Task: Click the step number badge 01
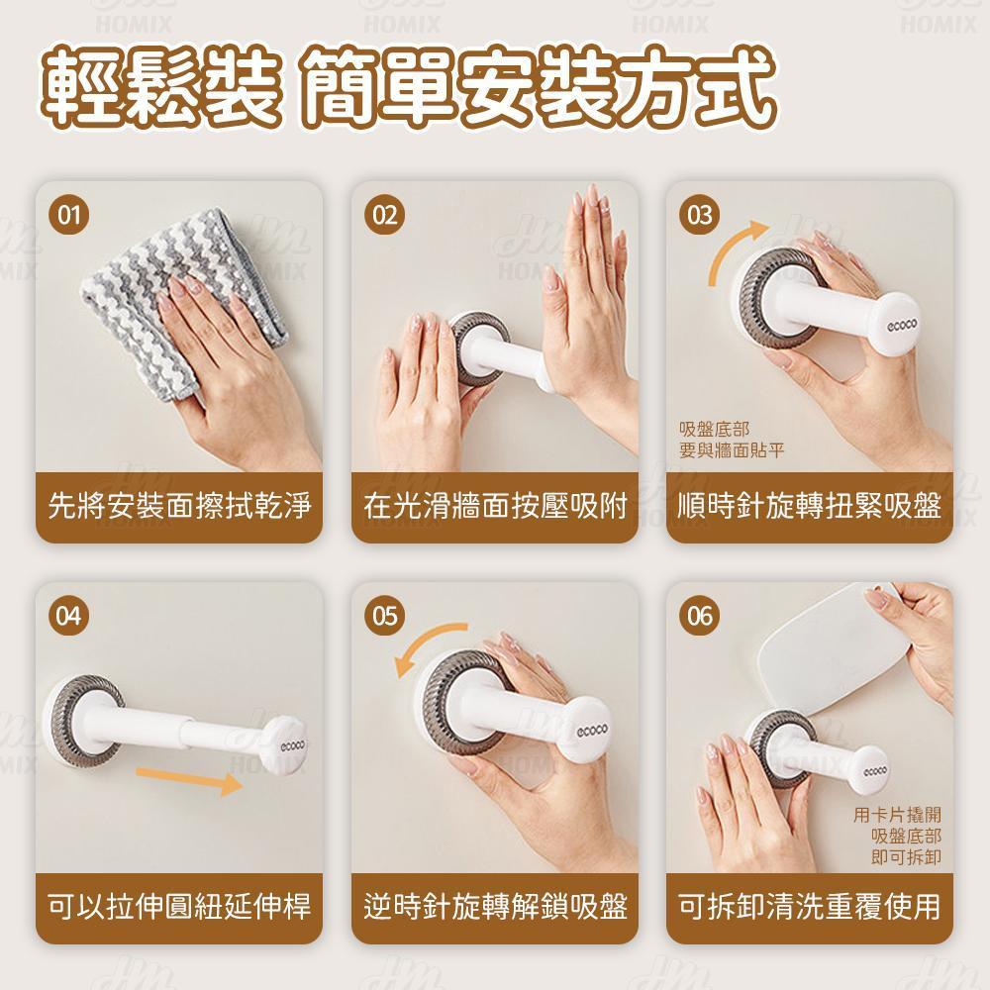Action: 69,215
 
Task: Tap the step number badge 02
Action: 384,215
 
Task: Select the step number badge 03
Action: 700,215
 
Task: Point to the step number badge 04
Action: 69,616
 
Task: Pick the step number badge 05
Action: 384,616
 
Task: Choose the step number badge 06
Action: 700,616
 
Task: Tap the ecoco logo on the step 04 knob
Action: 292,745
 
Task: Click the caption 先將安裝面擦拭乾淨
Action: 179,506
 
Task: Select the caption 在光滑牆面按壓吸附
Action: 495,506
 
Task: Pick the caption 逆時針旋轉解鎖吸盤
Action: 495,907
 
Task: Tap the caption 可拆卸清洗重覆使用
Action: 810,907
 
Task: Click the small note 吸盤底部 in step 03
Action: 714,430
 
